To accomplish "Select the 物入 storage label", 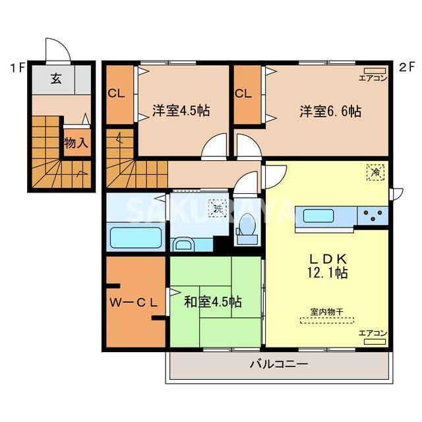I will pos(76,143).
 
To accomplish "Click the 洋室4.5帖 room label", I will pos(181,111).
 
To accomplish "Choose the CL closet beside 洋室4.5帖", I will pos(117,94).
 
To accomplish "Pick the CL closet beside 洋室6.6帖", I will pos(243,94).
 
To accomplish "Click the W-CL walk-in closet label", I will pos(134,303).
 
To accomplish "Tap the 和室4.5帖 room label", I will pos(212,302).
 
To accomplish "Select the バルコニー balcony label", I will pos(279,363).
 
